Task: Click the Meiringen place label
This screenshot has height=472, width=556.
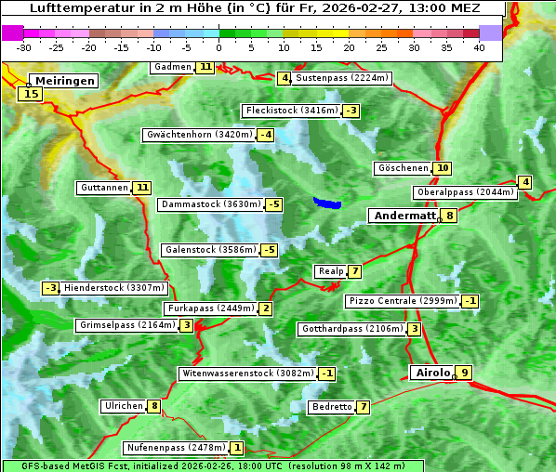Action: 62,81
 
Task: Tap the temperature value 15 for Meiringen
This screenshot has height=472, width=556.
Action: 31,93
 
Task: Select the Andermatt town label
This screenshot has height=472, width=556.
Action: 404,216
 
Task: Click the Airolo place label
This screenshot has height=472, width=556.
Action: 432,373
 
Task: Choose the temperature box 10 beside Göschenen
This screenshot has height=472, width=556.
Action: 442,168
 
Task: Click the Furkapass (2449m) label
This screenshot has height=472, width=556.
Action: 210,308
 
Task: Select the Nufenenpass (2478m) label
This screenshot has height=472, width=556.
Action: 176,448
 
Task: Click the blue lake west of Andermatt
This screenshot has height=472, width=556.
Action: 327,203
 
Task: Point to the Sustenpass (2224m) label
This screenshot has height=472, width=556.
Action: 335,78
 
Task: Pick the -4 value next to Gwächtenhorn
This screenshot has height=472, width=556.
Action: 266,135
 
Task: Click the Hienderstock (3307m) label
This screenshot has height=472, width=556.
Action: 114,288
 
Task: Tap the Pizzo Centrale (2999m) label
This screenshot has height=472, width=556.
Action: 403,301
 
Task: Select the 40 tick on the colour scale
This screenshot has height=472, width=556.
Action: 479,46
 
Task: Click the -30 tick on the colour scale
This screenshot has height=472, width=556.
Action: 24,46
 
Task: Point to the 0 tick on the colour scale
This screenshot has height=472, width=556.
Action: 219,46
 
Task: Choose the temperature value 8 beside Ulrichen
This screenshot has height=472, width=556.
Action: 154,406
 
